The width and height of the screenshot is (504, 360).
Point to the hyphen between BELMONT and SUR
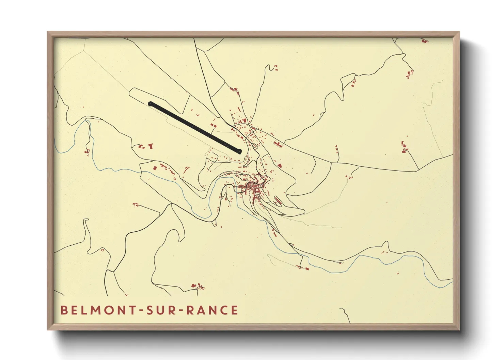click(x=141, y=311)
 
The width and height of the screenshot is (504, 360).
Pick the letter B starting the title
click(x=64, y=310)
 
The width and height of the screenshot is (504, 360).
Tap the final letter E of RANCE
click(x=234, y=310)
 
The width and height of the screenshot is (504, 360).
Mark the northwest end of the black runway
click(x=151, y=103)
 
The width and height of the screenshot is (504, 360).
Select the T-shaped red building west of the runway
click(x=151, y=146)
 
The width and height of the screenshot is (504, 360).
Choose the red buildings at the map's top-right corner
click(x=424, y=41)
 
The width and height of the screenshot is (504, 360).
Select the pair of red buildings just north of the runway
click(x=214, y=125)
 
